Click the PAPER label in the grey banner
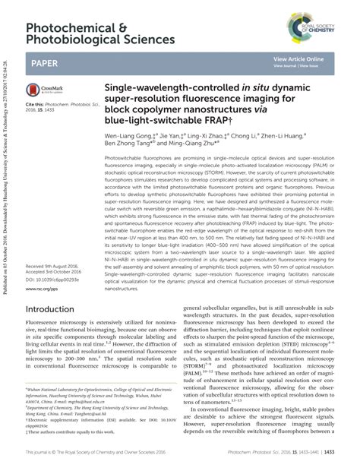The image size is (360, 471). pos(45,63)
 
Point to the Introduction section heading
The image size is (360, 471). pos(55,289)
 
